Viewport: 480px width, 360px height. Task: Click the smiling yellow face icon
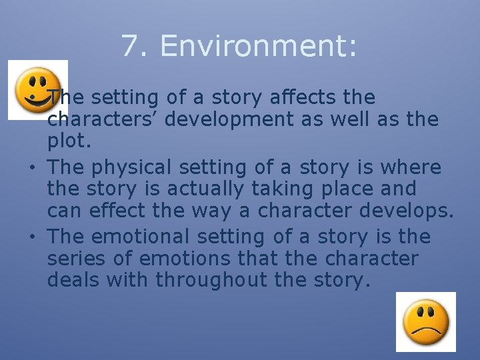pos(37,88)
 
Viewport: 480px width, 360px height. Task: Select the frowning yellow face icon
pos(426,321)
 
